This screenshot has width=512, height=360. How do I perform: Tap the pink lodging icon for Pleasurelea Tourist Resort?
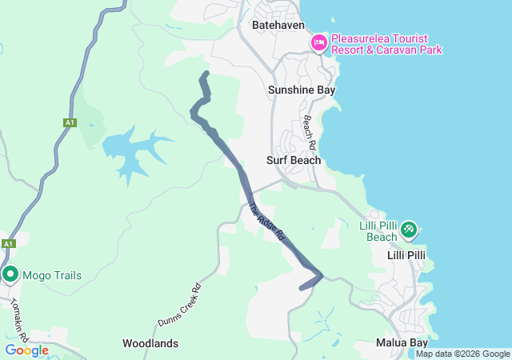pyautogui.click(x=319, y=42)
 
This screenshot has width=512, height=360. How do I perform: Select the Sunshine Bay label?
pyautogui.click(x=301, y=90)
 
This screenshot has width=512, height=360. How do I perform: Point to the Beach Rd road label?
pyautogui.click(x=310, y=132)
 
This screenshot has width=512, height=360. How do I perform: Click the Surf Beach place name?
pyautogui.click(x=294, y=160)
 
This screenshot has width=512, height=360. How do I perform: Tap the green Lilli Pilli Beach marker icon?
pyautogui.click(x=408, y=230)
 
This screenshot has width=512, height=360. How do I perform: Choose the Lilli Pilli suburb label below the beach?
pyautogui.click(x=406, y=255)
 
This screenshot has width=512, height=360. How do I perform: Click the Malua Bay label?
pyautogui.click(x=402, y=342)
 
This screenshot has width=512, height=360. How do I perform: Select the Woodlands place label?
pyautogui.click(x=150, y=343)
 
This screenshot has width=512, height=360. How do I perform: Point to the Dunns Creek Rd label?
pyautogui.click(x=178, y=304)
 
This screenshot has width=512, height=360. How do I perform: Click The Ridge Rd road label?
pyautogui.click(x=266, y=222)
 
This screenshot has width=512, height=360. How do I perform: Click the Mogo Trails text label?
pyautogui.click(x=51, y=276)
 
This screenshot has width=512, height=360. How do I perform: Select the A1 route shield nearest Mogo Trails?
pyautogui.click(x=8, y=244)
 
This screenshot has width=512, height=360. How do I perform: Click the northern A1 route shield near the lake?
pyautogui.click(x=70, y=122)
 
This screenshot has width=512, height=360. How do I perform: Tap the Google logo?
pyautogui.click(x=26, y=350)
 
